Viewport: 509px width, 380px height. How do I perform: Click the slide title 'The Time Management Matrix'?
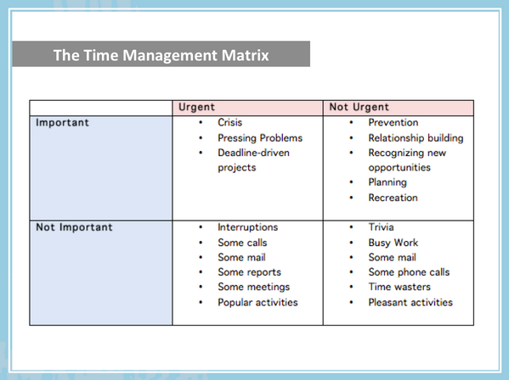(161, 56)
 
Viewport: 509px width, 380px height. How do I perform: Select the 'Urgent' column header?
(196, 107)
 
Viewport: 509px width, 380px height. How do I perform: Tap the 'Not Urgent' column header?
(359, 107)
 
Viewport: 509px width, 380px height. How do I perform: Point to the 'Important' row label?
(62, 122)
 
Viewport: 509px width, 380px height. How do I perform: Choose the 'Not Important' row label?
(74, 227)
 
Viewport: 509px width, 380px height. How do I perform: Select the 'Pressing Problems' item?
(259, 137)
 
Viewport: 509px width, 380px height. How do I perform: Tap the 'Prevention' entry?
(393, 122)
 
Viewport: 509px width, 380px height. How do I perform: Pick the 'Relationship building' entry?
(416, 137)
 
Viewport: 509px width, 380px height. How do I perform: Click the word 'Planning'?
(387, 182)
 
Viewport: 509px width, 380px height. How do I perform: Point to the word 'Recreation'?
(393, 198)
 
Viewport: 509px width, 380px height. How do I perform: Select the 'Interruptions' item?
(247, 227)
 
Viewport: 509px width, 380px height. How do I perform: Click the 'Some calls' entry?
(242, 243)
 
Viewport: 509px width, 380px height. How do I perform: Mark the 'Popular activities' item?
(257, 302)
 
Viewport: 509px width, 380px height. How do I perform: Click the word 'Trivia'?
(381, 227)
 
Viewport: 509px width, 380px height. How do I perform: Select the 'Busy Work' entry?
(393, 243)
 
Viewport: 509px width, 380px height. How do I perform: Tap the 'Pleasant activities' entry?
(410, 302)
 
